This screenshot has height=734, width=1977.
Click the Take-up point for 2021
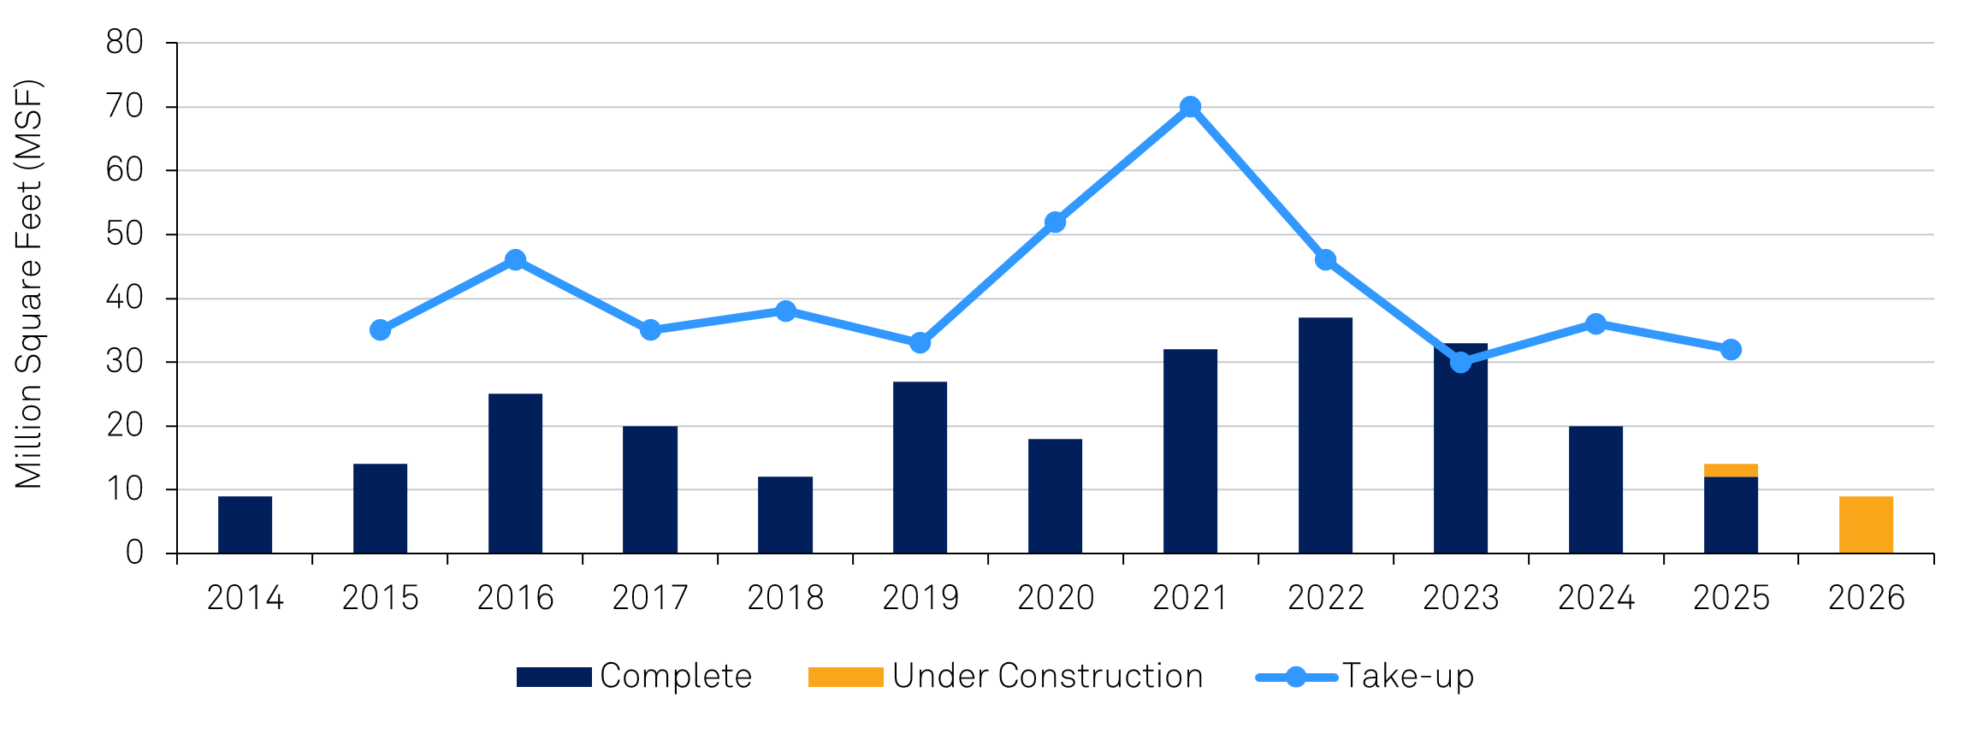pos(1190,107)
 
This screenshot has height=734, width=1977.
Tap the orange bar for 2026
pos(1866,524)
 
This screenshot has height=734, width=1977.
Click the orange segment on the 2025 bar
pos(1731,471)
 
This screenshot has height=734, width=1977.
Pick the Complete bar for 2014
pos(245,524)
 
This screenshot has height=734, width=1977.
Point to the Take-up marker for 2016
pos(515,260)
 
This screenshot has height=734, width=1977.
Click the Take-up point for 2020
pos(1055,222)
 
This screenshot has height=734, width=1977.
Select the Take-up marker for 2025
pos(1731,350)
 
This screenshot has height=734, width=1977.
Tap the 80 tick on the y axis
pos(125,42)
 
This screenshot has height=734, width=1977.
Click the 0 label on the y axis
pos(134,553)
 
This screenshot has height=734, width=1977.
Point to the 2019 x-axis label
pos(920,597)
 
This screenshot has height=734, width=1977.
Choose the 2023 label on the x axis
pos(1460,597)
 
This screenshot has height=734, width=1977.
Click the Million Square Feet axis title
pos(29,284)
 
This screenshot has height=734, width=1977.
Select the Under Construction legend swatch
pos(845,677)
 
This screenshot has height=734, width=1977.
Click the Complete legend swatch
pos(553,677)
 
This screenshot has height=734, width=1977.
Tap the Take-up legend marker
pos(1296,677)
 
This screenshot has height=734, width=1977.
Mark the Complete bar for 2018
pos(784,515)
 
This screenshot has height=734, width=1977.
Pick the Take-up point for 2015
pos(380,330)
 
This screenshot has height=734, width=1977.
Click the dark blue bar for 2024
pos(1595,489)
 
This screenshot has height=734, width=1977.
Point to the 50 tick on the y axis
pos(125,234)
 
